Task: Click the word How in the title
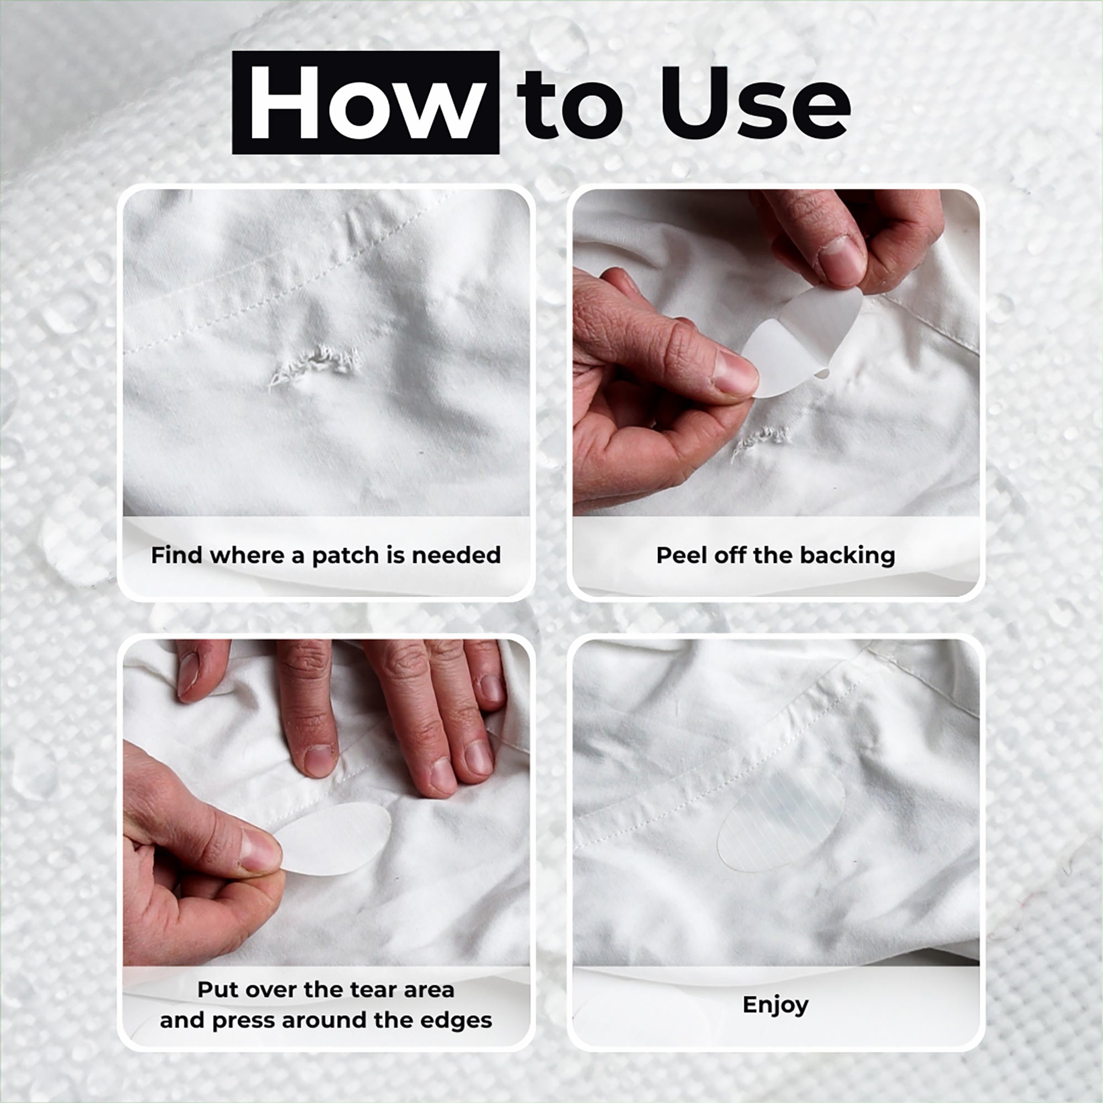point(366,103)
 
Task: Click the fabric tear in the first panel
point(314,363)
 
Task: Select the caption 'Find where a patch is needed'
point(326,554)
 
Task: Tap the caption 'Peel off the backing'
point(775,555)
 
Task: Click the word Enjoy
point(775,1004)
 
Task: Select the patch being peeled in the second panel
point(802,341)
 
